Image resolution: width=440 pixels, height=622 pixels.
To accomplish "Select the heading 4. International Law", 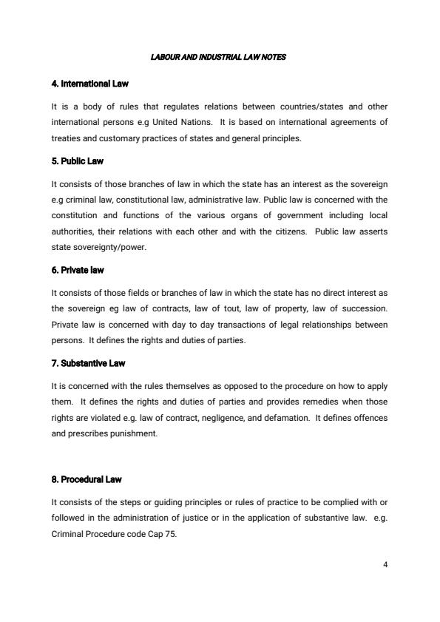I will pos(90,84).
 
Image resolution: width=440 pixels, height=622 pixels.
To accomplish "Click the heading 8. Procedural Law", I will pos(87,479).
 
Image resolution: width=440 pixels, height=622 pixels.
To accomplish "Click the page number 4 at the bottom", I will pos(386,563).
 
